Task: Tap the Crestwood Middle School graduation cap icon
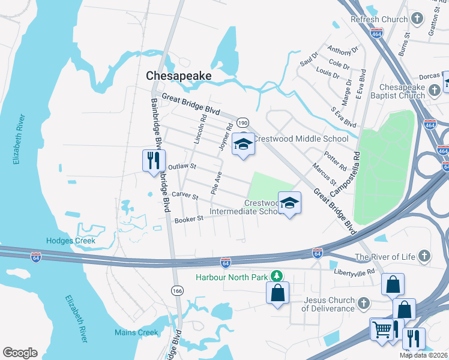[243, 145]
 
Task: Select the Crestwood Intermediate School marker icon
[289, 203]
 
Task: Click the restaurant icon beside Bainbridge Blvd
[153, 160]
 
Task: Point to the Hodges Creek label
[71, 241]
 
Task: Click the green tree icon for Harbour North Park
[277, 276]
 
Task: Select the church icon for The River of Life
[424, 256]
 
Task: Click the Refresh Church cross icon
[417, 19]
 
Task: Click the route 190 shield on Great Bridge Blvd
[242, 122]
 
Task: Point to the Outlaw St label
[182, 166]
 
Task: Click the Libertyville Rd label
[357, 272]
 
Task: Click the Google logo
[20, 353]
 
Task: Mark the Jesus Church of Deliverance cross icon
[364, 304]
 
